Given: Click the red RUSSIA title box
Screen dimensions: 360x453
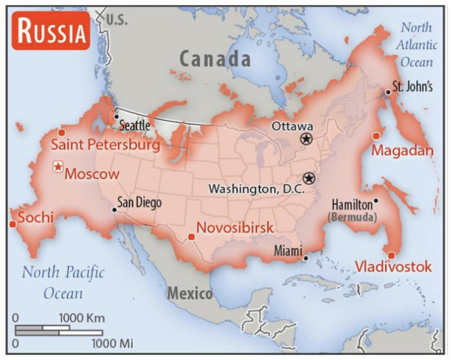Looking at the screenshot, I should tap(51, 31).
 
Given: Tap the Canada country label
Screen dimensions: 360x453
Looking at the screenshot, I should tap(215, 59).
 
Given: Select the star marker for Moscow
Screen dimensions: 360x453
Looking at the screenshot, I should tap(58, 167).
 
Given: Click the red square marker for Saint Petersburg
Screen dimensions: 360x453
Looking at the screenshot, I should tap(61, 132).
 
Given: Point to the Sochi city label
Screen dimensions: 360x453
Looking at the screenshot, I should tap(35, 217).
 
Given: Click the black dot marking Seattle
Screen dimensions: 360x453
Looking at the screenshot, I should tap(116, 117).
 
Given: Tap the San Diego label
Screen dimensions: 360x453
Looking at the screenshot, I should tap(139, 203).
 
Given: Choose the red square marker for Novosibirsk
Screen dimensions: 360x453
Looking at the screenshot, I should tap(191, 237).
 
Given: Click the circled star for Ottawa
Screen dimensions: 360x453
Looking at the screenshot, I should tap(306, 139).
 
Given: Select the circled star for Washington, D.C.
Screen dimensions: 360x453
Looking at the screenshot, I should tap(309, 178).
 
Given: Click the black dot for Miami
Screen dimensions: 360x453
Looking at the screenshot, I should tap(305, 257).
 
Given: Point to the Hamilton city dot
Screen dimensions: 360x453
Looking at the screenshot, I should tap(376, 201).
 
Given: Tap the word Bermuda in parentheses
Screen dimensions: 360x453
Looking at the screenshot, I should tap(353, 217).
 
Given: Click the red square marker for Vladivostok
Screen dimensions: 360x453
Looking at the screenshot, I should tap(391, 255).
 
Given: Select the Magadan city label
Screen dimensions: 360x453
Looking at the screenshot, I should tap(402, 150).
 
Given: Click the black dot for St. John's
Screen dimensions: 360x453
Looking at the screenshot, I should tap(388, 92).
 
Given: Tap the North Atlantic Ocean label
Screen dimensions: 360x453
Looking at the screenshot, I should tap(416, 45).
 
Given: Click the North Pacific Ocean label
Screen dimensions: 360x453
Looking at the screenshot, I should tap(63, 282).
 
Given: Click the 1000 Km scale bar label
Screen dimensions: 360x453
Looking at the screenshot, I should tap(81, 318).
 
